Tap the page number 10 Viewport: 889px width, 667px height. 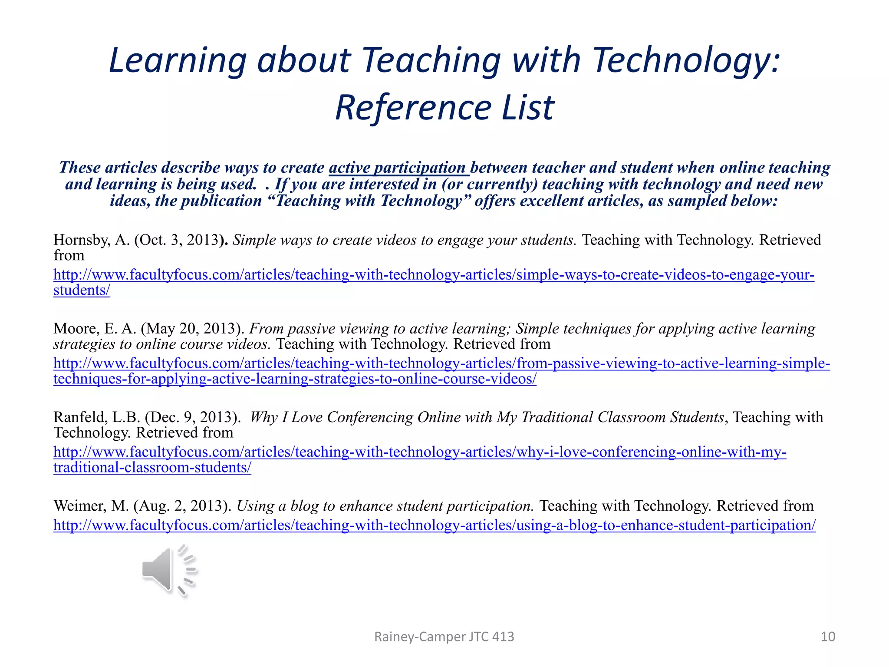pyautogui.click(x=828, y=637)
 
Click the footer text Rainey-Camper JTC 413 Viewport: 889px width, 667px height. pyautogui.click(x=444, y=637)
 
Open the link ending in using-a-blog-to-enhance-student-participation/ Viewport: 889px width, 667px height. pyautogui.click(x=434, y=525)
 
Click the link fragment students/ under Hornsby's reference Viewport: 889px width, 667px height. pyautogui.click(x=82, y=291)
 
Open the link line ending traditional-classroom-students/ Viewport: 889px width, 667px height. pyautogui.click(x=152, y=468)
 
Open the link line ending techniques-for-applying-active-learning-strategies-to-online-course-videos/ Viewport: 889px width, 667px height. pyautogui.click(x=295, y=379)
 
